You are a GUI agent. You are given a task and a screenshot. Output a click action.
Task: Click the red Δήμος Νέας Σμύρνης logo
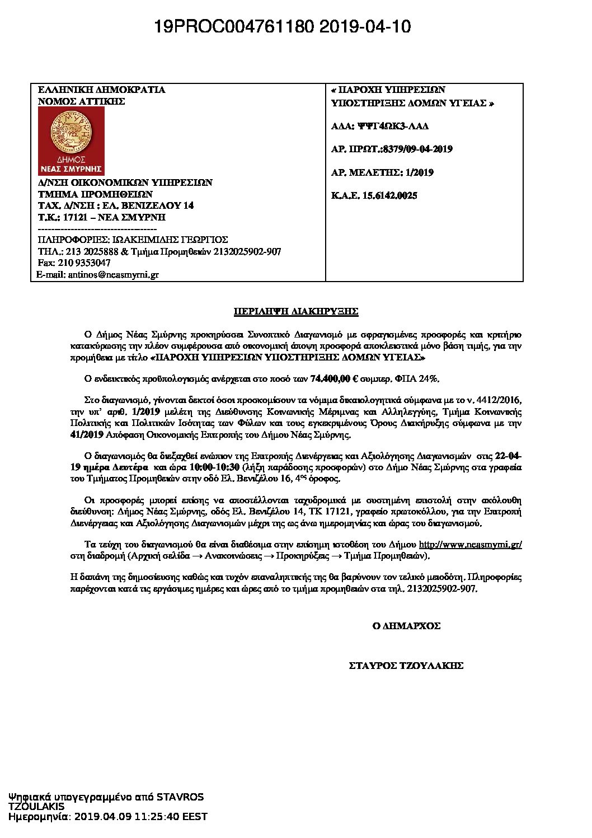click(71, 141)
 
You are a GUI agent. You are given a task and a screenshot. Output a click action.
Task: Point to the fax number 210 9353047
click(90, 263)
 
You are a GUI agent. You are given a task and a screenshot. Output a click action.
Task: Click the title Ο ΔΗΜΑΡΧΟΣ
click(406, 626)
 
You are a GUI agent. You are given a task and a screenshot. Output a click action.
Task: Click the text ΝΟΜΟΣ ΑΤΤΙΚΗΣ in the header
click(81, 101)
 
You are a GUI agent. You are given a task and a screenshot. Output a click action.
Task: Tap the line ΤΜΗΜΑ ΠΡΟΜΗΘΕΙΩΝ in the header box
click(95, 194)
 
